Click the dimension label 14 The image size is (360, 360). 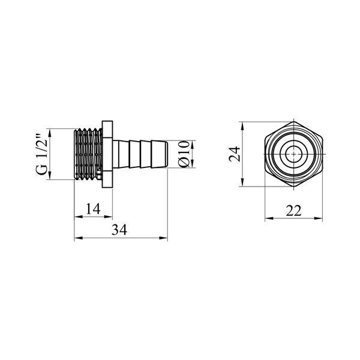pyautogui.click(x=94, y=208)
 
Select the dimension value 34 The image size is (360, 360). pyautogui.click(x=119, y=230)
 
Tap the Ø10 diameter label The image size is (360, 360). pyautogui.click(x=184, y=154)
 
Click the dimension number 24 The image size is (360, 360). pyautogui.click(x=235, y=154)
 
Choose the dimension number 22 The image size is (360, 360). pyautogui.click(x=293, y=211)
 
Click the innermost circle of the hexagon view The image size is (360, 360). pyautogui.click(x=293, y=154)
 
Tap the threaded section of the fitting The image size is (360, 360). pyautogui.click(x=88, y=154)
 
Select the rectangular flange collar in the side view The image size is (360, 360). pyautogui.click(x=107, y=154)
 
